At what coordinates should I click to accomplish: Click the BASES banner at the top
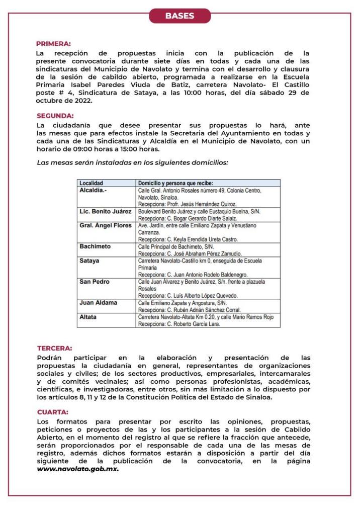(179, 16)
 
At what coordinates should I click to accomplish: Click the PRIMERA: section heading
(53, 44)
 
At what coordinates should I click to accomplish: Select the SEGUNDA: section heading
(55, 116)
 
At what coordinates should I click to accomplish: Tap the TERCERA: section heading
(54, 348)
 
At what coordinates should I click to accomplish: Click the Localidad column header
(91, 184)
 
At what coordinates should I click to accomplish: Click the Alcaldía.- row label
(94, 191)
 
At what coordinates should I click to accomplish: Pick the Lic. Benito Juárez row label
(105, 212)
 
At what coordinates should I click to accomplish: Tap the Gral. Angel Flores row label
(106, 226)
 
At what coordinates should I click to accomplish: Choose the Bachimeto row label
(95, 247)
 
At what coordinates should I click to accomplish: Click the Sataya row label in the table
(89, 261)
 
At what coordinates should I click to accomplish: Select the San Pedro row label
(93, 282)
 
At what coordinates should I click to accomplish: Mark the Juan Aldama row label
(98, 303)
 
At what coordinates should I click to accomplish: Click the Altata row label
(88, 317)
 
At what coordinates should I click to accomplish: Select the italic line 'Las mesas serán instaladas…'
(133, 162)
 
